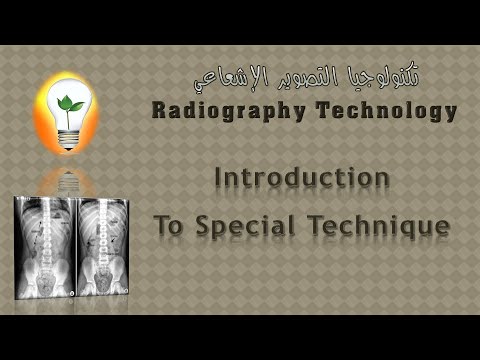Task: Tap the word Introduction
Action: point(302,177)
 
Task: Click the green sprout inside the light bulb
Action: point(70,106)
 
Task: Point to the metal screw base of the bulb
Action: point(69,139)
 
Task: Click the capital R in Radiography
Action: point(161,110)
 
